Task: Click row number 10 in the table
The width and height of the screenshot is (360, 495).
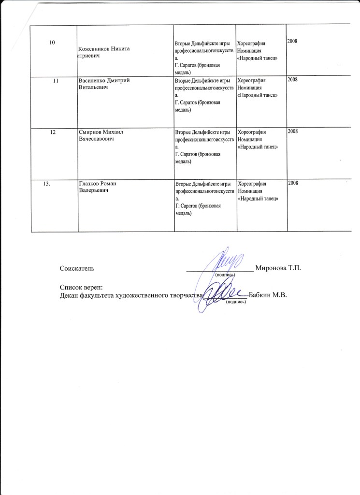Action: (x=51, y=44)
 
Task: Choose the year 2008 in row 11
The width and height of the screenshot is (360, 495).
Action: (x=293, y=79)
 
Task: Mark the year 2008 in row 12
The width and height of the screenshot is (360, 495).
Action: (x=293, y=131)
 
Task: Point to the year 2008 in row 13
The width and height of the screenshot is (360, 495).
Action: (x=294, y=182)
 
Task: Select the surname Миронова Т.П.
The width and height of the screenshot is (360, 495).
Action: (x=278, y=268)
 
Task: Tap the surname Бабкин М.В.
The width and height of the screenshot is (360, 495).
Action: (x=268, y=295)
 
